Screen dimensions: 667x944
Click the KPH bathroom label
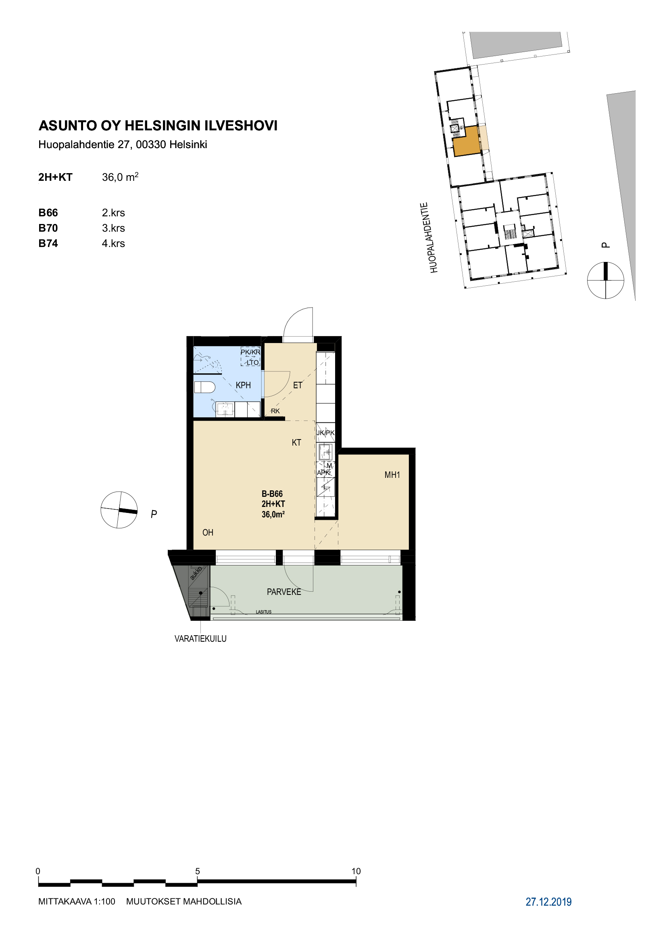click(x=243, y=385)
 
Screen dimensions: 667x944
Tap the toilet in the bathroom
click(x=204, y=387)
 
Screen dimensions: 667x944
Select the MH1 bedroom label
click(x=392, y=475)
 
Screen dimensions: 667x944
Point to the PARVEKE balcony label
click(x=284, y=592)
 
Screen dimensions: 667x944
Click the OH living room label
click(x=208, y=532)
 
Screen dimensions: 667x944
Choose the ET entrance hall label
click(x=297, y=385)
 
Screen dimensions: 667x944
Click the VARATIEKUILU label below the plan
click(x=200, y=638)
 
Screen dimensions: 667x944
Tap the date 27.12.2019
click(x=548, y=902)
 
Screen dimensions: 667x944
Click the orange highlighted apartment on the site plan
click(x=467, y=141)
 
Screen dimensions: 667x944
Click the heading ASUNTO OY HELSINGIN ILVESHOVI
click(x=158, y=126)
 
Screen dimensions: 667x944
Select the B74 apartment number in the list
click(x=48, y=243)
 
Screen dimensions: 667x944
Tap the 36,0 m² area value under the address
click(x=120, y=177)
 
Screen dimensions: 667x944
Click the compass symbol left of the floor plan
click(x=119, y=510)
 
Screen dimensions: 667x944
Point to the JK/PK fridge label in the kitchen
click(x=325, y=433)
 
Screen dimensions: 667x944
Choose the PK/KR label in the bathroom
click(x=250, y=352)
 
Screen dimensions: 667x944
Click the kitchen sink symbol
click(x=326, y=452)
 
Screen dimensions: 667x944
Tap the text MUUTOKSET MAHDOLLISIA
click(x=183, y=902)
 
